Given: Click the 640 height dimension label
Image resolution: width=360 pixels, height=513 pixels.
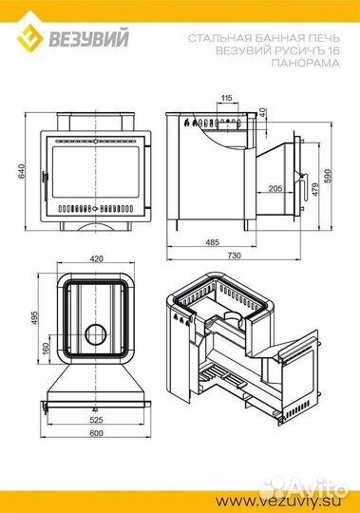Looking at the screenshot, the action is (x=21, y=171).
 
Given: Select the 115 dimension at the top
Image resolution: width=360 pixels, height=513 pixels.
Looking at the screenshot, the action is (x=226, y=98).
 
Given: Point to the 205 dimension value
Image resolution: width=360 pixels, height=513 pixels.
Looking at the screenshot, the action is (x=275, y=188).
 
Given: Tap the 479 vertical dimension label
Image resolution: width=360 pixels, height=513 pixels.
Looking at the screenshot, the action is (x=315, y=189).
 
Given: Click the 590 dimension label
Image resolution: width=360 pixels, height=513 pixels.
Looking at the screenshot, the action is (x=328, y=176).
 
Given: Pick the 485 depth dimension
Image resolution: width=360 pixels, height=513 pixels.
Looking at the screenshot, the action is (x=212, y=242).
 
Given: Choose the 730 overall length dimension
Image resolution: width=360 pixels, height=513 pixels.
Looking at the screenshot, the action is (x=234, y=255).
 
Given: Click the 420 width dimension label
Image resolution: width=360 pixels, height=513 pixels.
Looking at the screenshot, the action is (x=96, y=258).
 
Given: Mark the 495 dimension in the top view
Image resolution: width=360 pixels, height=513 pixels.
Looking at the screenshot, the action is (x=34, y=318).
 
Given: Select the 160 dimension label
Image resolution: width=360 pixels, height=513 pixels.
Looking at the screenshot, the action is (x=46, y=348).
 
